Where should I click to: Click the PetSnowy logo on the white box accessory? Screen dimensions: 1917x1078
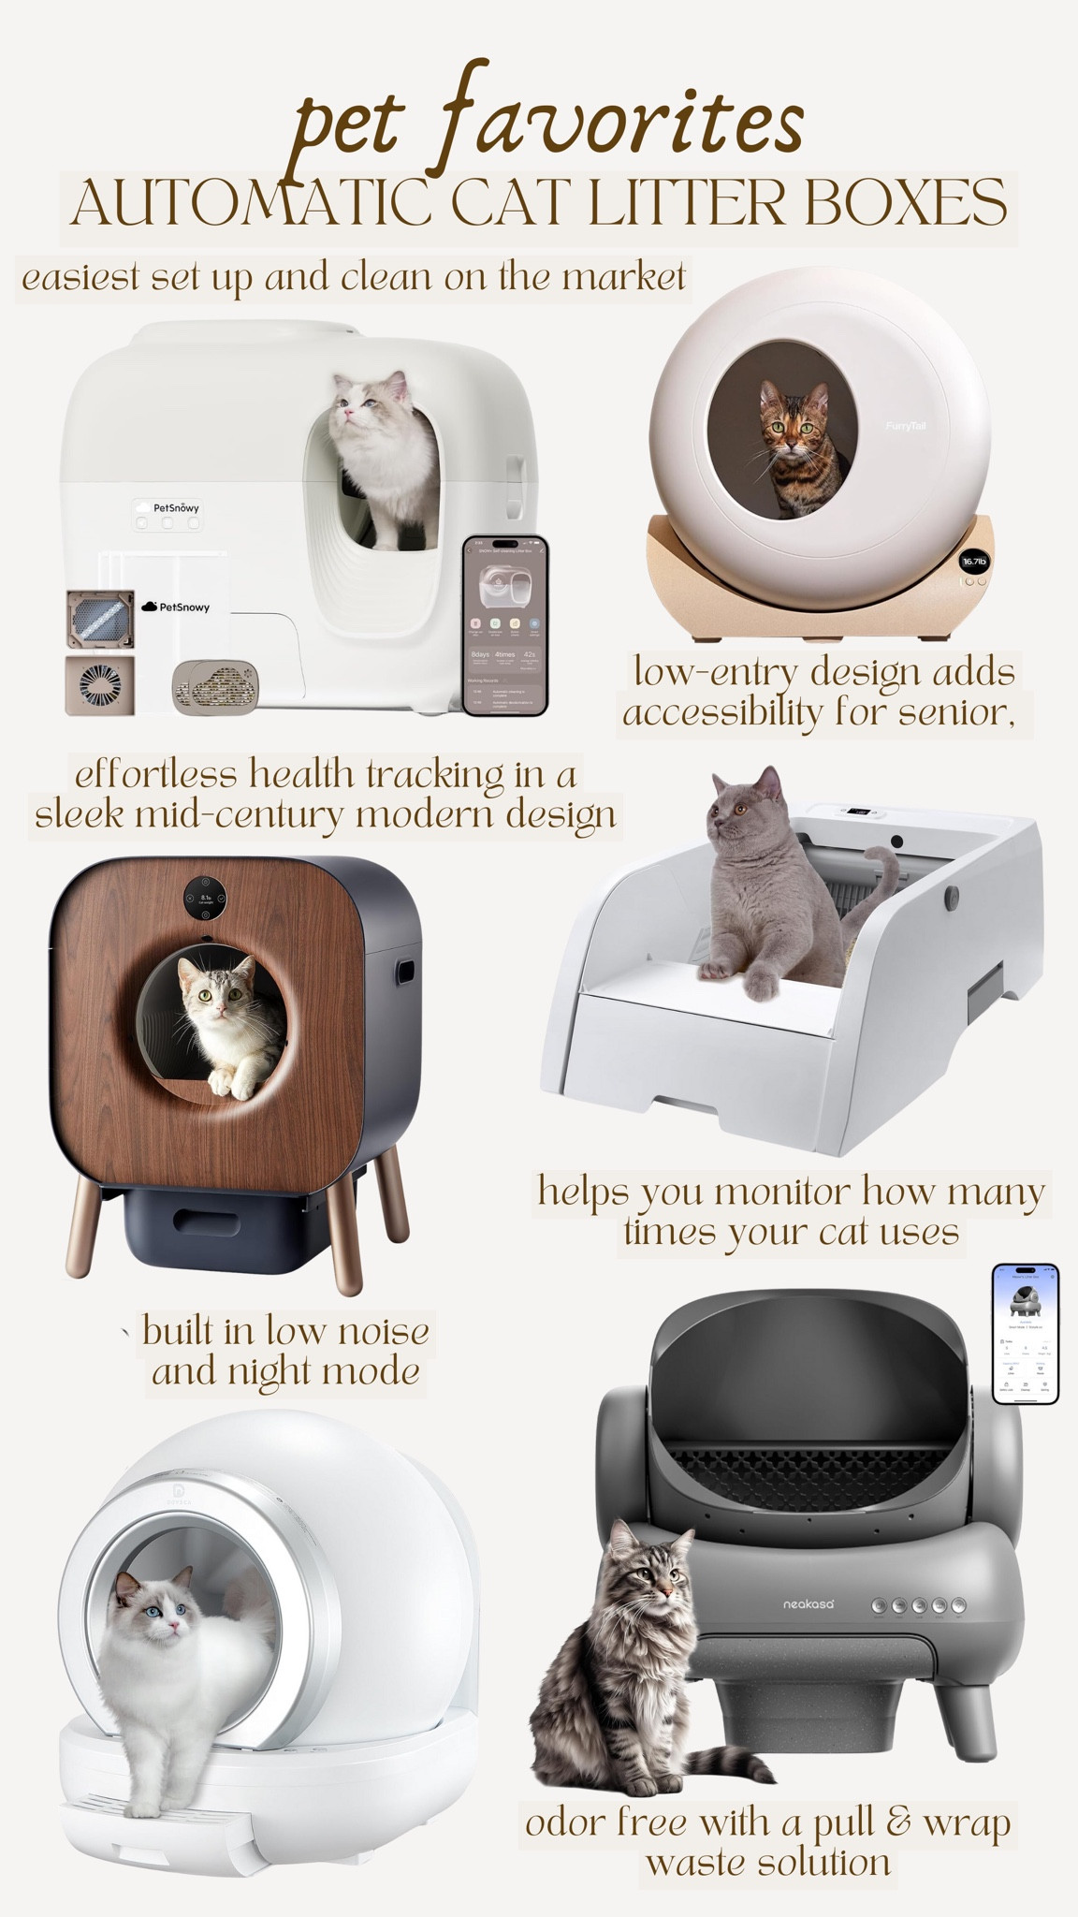(x=176, y=607)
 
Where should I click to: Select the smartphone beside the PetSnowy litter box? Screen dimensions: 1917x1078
(x=505, y=624)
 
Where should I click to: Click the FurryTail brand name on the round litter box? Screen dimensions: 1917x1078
(x=905, y=426)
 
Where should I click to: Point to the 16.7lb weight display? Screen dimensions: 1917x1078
(x=974, y=562)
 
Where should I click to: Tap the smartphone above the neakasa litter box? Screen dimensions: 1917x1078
(x=1026, y=1334)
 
